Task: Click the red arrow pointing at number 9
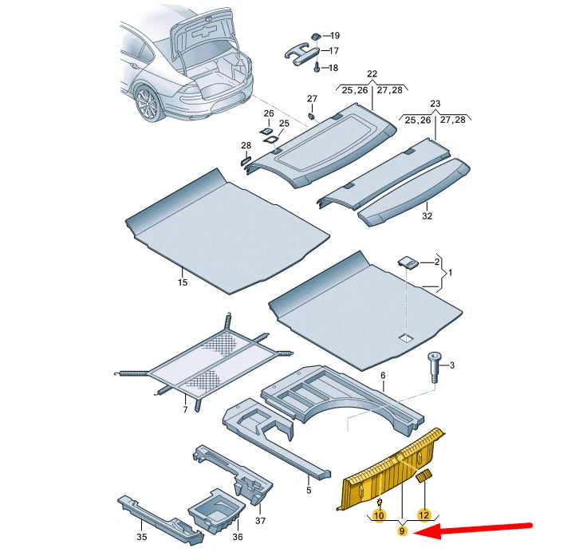coord(479,530)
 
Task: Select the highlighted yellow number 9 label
coord(403,531)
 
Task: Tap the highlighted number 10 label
coord(380,516)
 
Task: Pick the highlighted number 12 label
coord(424,515)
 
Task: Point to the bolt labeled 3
coord(434,368)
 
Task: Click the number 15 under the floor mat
coord(183,282)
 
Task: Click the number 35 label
coord(141,537)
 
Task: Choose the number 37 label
coord(260,521)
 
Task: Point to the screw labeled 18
coord(317,69)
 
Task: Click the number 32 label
coord(427,216)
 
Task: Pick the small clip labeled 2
coord(408,262)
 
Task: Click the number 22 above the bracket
coord(372,74)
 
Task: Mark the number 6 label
coord(383,375)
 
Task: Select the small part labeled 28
coord(246,160)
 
